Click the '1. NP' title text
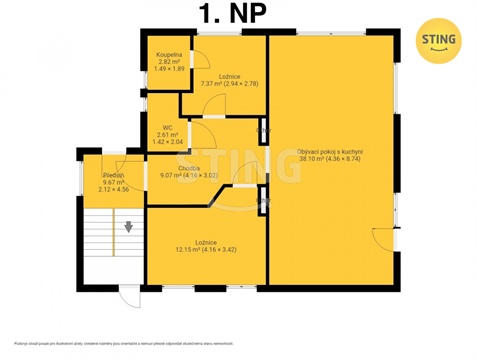pyautogui.click(x=230, y=16)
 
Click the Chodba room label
pyautogui.click(x=190, y=168)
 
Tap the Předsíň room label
pyautogui.click(x=113, y=175)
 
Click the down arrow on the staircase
pyautogui.click(x=129, y=227)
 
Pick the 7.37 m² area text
pyautogui.click(x=211, y=85)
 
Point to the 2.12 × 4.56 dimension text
pyautogui.click(x=112, y=190)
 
